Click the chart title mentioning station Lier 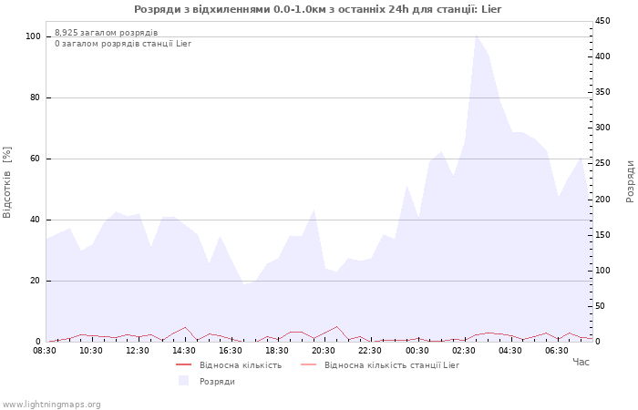318,9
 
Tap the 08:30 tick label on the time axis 45,350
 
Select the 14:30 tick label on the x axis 184,350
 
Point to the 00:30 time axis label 417,350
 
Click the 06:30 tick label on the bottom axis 556,350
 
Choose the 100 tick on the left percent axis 34,36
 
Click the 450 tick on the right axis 603,21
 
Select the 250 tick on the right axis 603,163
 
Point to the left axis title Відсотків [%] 8,182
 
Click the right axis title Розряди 630,180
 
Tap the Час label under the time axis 581,363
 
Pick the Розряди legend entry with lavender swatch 217,381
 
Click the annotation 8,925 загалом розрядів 106,33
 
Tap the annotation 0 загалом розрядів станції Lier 123,44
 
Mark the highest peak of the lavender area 476,35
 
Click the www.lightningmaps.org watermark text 52,404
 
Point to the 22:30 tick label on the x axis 370,350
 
